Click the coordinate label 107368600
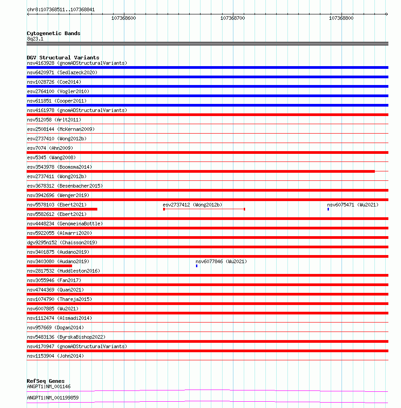click(123, 18)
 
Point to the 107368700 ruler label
click(232, 18)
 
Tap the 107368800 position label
click(341, 18)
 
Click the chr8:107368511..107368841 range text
click(61, 9)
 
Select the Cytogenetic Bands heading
click(54, 33)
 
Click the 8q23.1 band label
click(35, 39)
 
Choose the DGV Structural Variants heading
click(63, 58)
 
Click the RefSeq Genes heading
click(46, 381)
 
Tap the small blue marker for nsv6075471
click(328, 209)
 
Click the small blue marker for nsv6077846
click(196, 266)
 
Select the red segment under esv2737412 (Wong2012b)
click(204, 209)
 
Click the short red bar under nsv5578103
click(62, 209)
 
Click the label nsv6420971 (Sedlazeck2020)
click(62, 72)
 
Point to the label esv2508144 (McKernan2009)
click(61, 129)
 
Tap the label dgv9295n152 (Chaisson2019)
click(62, 242)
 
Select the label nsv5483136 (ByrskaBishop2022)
click(66, 337)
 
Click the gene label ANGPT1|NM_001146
click(49, 386)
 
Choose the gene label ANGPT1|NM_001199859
click(53, 398)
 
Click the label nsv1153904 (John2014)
click(55, 356)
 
